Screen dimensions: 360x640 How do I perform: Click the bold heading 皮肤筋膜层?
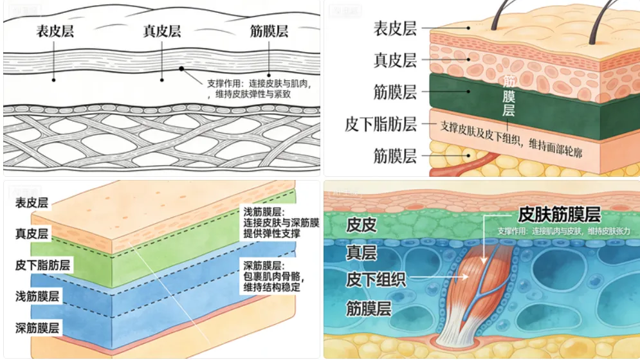coord(559,214)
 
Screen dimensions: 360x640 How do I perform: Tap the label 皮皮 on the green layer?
coord(361,225)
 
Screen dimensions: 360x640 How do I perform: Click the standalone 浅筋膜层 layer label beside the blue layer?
coord(37,296)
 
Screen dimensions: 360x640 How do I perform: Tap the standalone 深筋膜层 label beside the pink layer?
coord(37,328)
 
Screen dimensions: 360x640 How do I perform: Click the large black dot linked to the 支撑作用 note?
coord(183,68)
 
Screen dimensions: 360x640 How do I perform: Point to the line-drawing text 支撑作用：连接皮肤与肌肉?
coord(253,82)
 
